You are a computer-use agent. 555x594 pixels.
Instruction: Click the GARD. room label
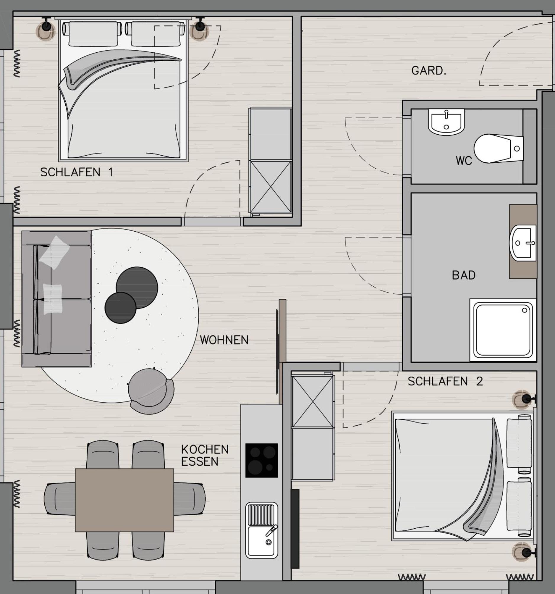[429, 71]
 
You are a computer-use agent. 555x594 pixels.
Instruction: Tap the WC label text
[464, 161]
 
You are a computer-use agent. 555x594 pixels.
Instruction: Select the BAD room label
[464, 275]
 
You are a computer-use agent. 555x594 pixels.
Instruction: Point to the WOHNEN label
[224, 340]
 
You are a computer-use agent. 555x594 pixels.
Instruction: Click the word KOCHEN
[205, 449]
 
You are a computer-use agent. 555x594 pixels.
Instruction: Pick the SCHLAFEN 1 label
[77, 172]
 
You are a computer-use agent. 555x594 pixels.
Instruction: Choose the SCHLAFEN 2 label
[445, 381]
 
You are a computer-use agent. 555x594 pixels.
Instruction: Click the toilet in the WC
[498, 148]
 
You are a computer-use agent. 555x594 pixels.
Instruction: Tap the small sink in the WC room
[446, 122]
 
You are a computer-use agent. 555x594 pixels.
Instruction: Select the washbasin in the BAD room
[523, 243]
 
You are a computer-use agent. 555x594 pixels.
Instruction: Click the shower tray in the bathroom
[503, 330]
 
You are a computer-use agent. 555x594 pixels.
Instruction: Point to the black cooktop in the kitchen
[261, 461]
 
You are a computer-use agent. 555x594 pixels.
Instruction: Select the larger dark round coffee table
[137, 288]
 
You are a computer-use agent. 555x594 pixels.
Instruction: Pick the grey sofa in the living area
[56, 299]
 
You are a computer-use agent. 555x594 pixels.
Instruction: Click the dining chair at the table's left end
[60, 499]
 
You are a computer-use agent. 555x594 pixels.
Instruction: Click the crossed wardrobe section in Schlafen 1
[270, 187]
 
